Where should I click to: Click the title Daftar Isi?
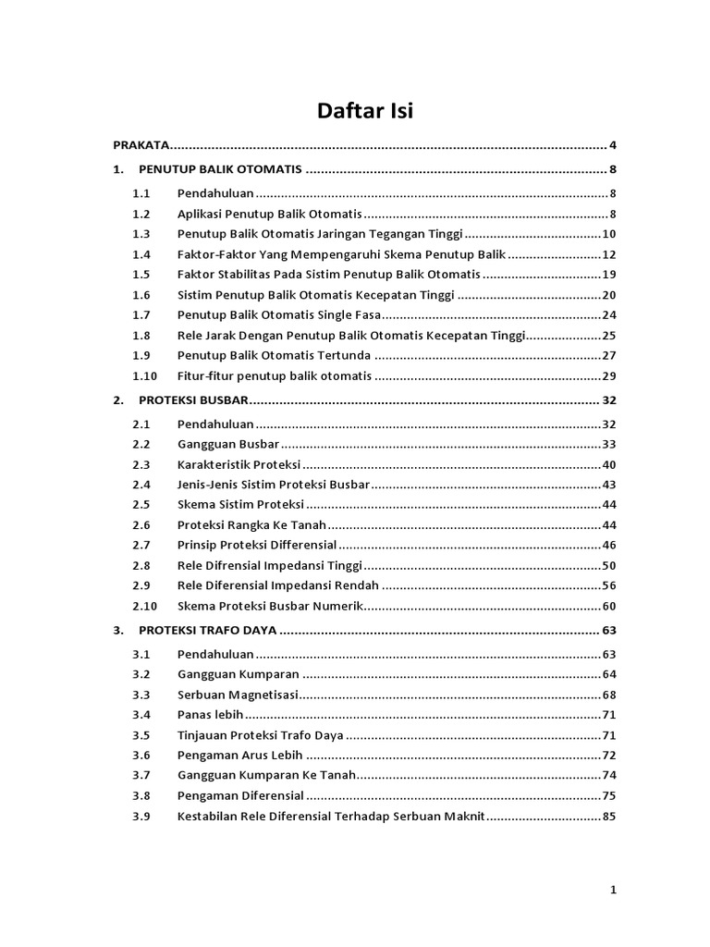tap(365, 112)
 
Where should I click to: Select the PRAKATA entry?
tap(141, 145)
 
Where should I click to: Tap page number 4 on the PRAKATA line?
tap(612, 145)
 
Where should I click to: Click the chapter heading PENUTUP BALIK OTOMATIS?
tap(220, 170)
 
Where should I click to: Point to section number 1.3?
tap(141, 234)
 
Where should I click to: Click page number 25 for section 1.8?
tap(608, 336)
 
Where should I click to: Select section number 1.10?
tap(144, 376)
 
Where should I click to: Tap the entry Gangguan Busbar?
tap(215, 444)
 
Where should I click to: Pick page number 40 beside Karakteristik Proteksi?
tap(608, 464)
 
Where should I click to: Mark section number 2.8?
tap(141, 566)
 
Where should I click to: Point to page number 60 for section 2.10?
tap(608, 607)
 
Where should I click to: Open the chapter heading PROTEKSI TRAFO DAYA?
tap(208, 631)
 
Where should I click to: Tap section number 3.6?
tap(141, 756)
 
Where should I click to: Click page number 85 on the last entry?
tap(608, 817)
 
